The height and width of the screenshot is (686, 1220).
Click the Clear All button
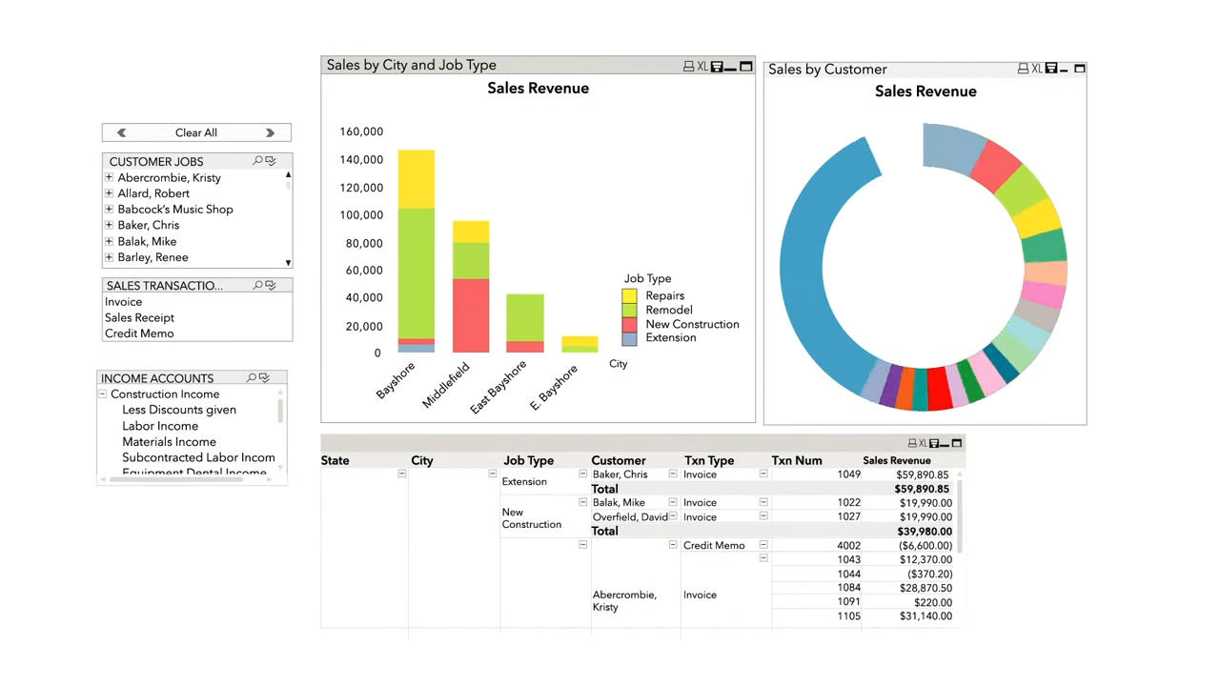(195, 132)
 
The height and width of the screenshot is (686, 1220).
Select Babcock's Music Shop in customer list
(175, 210)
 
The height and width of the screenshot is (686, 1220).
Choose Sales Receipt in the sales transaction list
(139, 317)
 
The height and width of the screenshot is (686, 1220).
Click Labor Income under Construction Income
(160, 426)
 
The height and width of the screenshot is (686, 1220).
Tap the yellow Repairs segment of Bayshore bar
(416, 179)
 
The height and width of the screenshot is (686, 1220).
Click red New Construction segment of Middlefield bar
(471, 315)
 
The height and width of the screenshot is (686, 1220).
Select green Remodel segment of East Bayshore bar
(525, 317)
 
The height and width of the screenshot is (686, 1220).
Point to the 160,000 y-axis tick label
(361, 131)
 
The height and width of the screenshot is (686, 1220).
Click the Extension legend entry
(670, 337)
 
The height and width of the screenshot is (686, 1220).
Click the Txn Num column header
(796, 460)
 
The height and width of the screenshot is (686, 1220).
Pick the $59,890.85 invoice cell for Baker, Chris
(922, 474)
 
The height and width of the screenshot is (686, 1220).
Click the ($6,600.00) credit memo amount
(924, 546)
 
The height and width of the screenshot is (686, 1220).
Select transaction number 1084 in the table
(848, 588)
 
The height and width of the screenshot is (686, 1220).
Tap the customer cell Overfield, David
(629, 517)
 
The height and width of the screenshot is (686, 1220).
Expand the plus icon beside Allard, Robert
(109, 193)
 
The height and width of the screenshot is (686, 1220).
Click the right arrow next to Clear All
(270, 132)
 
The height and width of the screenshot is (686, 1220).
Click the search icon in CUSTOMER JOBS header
(257, 161)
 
